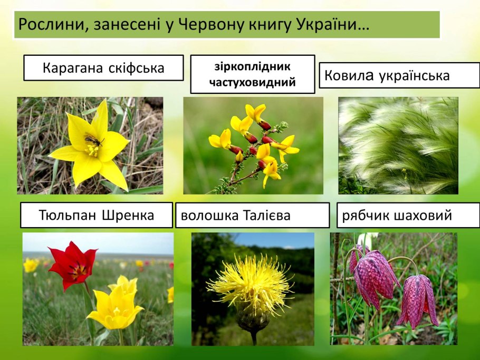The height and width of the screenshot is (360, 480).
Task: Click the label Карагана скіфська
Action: pyautogui.click(x=103, y=68)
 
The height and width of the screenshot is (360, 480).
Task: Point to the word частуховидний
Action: pyautogui.click(x=252, y=82)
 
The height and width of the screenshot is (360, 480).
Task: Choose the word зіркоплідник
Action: pyautogui.click(x=252, y=67)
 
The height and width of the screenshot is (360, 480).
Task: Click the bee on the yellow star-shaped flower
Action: pyautogui.click(x=93, y=141)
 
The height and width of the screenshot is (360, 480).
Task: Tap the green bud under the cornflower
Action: pyautogui.click(x=252, y=318)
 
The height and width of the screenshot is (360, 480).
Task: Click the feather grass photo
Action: pyautogui.click(x=398, y=145)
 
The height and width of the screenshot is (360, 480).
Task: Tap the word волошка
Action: pyautogui.click(x=204, y=216)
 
